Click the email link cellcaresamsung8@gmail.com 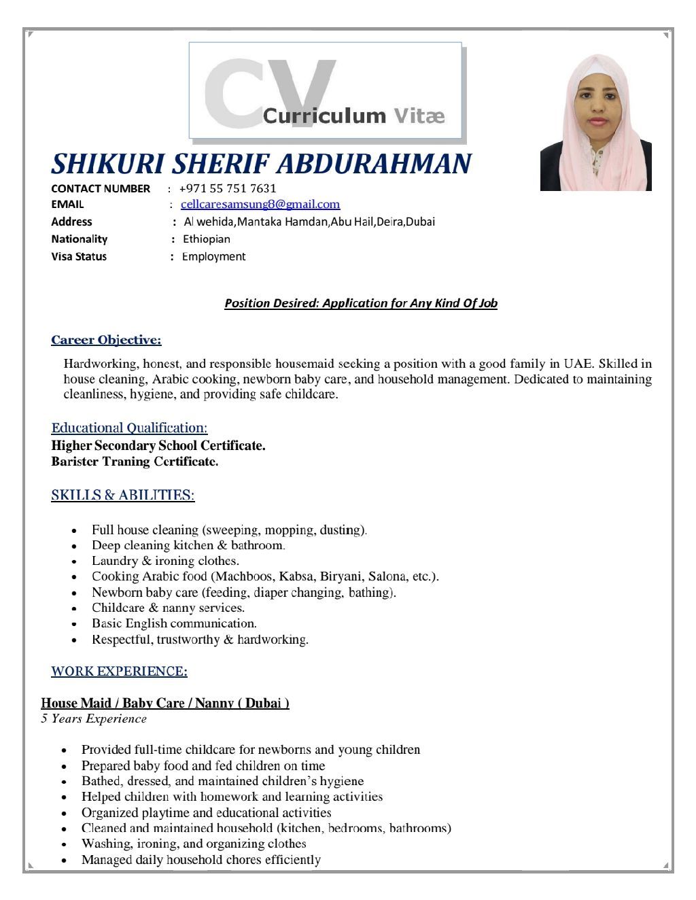tap(260, 205)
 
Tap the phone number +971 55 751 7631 tap(228, 188)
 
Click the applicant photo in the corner tap(595, 122)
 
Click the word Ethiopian tap(207, 239)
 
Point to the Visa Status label tap(79, 257)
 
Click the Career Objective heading tap(106, 340)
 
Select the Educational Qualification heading tap(129, 428)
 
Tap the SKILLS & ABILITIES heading tap(123, 495)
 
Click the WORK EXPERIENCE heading tap(119, 672)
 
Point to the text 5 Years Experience tap(94, 719)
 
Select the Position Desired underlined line tap(361, 303)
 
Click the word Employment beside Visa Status tap(214, 257)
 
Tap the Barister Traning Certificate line tap(135, 462)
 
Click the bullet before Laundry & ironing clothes tap(74, 562)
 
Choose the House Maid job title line tap(165, 703)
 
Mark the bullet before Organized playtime tap(64, 814)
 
